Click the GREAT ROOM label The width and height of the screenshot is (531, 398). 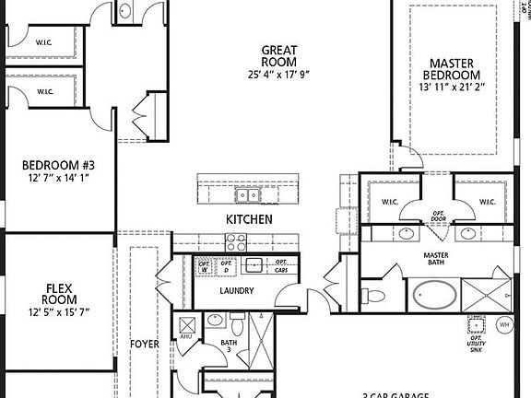coord(277,57)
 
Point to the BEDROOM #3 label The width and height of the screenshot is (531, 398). coord(59,166)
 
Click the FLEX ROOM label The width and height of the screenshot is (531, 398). coord(59,294)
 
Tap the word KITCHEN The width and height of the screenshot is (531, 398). coord(249,219)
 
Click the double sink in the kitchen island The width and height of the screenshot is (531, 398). coord(245,194)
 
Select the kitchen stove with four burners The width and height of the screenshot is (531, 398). coord(237,243)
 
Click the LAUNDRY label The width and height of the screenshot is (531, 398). coord(236,291)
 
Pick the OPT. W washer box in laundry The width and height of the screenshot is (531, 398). coord(205,267)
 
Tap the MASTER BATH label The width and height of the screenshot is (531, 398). coord(436,260)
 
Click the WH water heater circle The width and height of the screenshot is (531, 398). coord(504,325)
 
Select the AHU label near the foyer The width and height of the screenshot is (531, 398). coord(184,337)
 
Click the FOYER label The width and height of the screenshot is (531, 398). coord(145,345)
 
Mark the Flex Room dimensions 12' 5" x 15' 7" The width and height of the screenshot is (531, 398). coord(59,313)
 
